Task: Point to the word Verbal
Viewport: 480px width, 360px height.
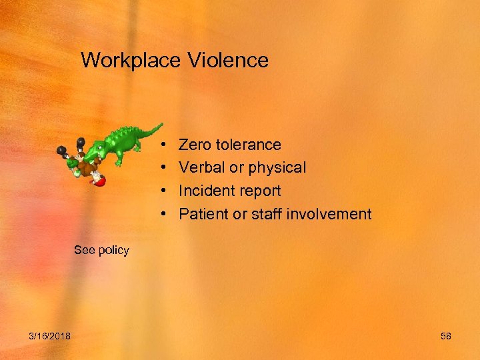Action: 202,167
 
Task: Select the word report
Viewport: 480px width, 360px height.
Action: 259,191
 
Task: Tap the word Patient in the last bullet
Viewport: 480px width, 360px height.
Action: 203,214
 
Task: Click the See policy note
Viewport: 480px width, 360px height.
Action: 101,250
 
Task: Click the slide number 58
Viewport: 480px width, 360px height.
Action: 446,336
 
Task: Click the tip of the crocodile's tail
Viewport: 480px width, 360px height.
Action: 161,123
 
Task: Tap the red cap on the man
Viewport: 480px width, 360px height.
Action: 99,179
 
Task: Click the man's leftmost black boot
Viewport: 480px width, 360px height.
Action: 62,150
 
